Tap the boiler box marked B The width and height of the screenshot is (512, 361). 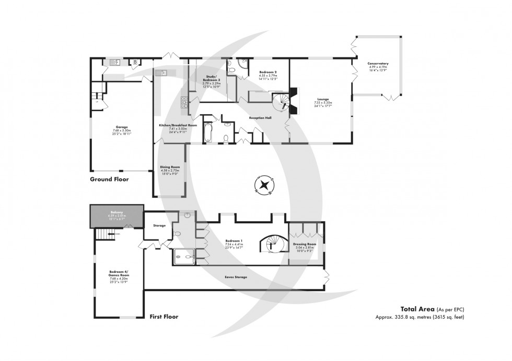point(135,62)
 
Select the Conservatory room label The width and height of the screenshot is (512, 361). point(379,65)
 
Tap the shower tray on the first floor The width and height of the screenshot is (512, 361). point(183,255)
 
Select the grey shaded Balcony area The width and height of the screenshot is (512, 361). point(117,215)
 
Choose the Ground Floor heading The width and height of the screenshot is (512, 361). point(109,179)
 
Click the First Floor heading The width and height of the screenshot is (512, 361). point(164,316)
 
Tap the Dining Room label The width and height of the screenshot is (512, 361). point(169,167)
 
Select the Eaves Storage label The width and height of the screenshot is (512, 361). point(236,276)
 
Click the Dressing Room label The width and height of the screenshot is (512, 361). point(305,244)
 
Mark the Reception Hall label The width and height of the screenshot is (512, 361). point(261,118)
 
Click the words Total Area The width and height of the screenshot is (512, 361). point(416,308)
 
